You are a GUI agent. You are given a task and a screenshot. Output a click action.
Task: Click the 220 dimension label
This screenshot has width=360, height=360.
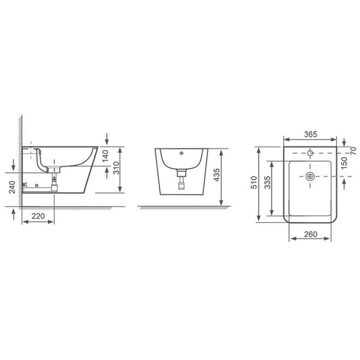pyautogui.click(x=38, y=216)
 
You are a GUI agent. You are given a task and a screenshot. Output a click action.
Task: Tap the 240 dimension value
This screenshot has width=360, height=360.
pyautogui.click(x=12, y=187)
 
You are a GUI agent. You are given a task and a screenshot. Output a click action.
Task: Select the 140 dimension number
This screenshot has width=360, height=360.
pyautogui.click(x=105, y=156)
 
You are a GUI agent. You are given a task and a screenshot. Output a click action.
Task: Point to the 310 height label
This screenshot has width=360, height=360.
pyautogui.click(x=116, y=168)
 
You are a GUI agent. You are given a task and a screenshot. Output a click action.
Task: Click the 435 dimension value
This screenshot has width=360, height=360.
pyautogui.click(x=217, y=175)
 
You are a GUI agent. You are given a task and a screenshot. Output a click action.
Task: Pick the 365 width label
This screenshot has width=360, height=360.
pyautogui.click(x=311, y=134)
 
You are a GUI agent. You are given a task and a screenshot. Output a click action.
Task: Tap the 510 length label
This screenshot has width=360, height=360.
pyautogui.click(x=254, y=182)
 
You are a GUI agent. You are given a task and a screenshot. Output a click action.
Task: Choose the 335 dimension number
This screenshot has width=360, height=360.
pyautogui.click(x=267, y=182)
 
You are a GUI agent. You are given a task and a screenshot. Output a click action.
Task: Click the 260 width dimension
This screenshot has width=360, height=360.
pyautogui.click(x=311, y=234)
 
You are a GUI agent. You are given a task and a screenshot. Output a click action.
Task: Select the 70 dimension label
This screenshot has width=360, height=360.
pyautogui.click(x=353, y=151)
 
